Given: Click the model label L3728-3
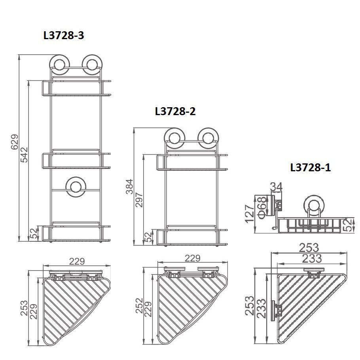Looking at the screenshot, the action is tap(64, 36).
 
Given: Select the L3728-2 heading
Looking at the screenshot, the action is tap(175, 111).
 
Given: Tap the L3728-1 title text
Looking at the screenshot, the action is tap(311, 168).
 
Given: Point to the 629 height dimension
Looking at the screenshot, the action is tap(15, 142).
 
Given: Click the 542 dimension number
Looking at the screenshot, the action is tap(24, 155).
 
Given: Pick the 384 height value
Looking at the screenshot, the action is tap(129, 186).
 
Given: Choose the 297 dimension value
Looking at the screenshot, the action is tap(139, 200).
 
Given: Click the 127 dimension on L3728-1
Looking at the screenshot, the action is tap(250, 214).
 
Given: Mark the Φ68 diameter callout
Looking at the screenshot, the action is tap(262, 207).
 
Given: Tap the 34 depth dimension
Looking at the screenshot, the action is tap(276, 187).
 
